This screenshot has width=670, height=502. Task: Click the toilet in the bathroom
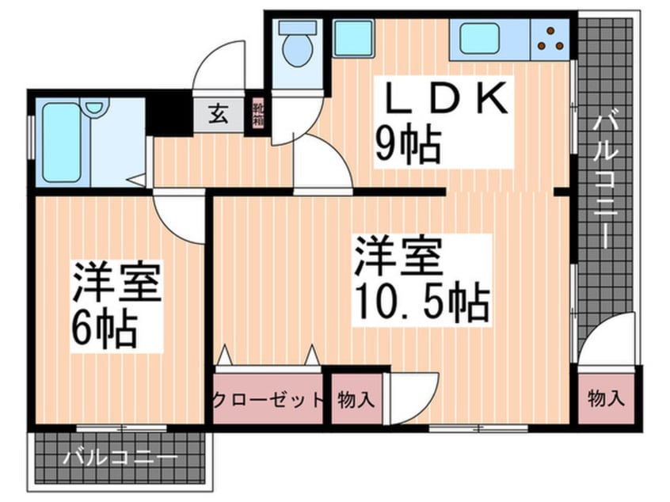(x=298, y=50)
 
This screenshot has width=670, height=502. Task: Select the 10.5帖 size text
(x=422, y=299)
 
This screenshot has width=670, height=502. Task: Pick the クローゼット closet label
(x=268, y=400)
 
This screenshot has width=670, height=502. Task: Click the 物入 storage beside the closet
(x=354, y=400)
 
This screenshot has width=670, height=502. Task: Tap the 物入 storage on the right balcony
(x=605, y=398)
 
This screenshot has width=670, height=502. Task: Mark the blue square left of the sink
(x=348, y=36)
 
